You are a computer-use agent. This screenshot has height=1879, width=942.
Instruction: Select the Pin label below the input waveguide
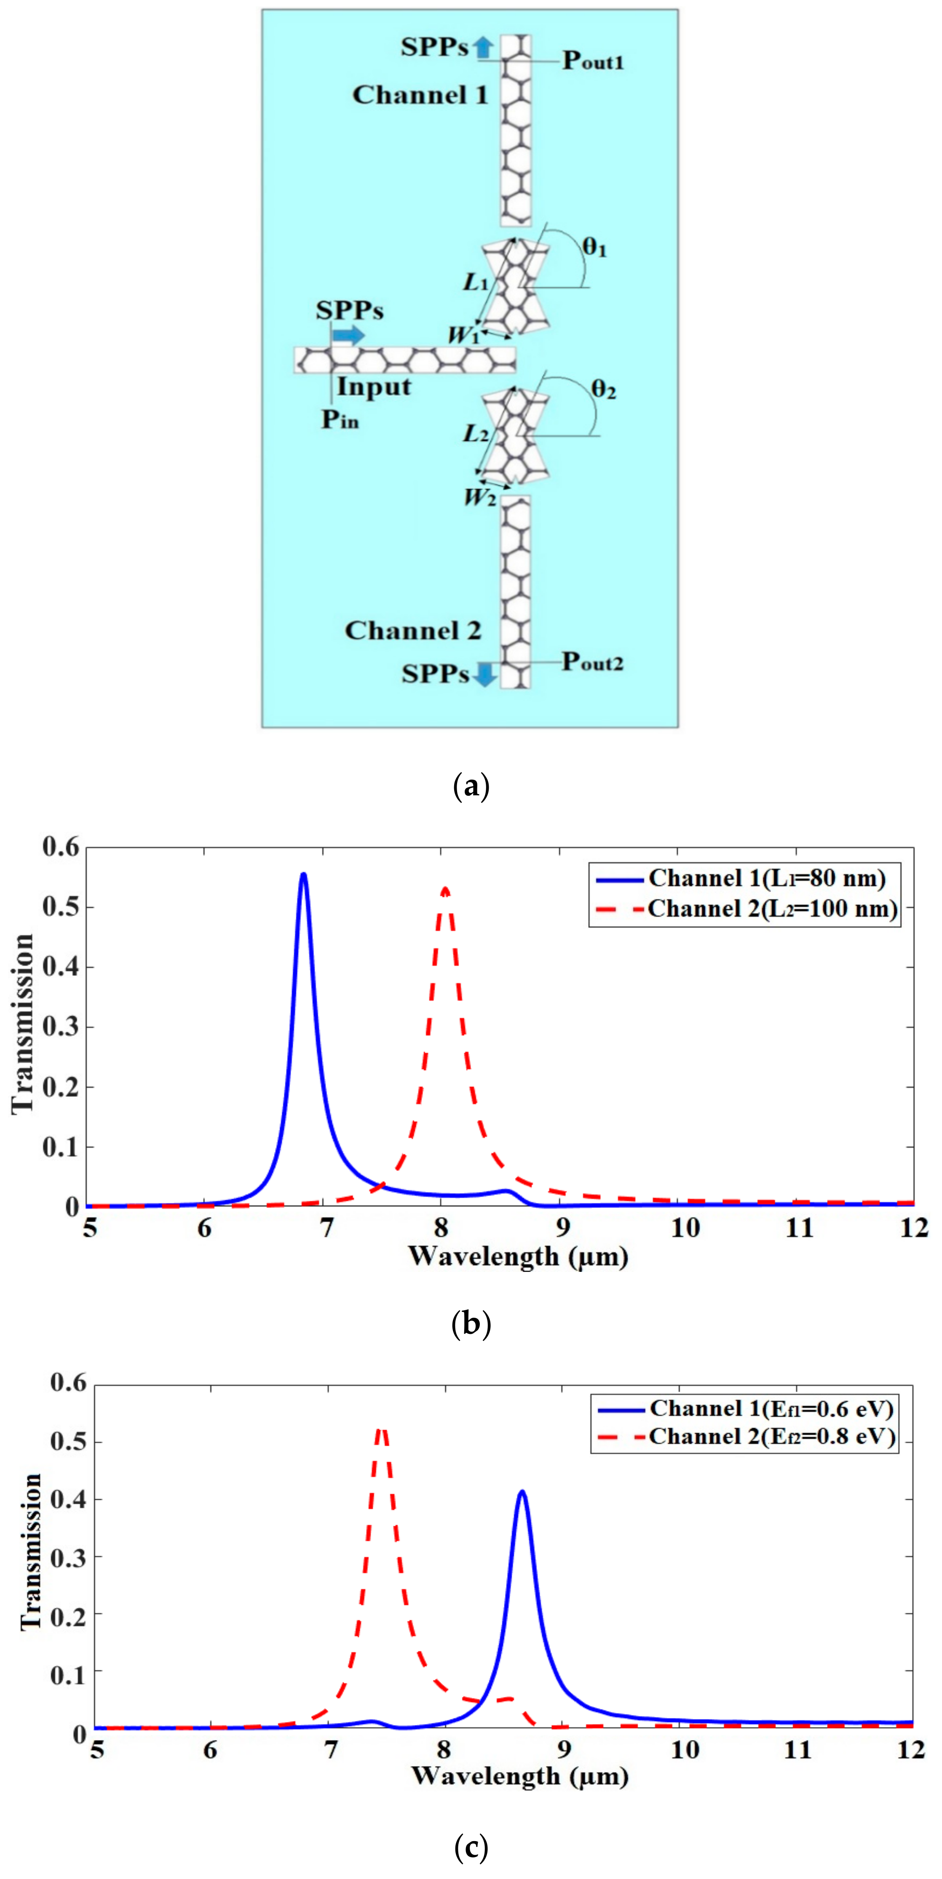[x=340, y=419]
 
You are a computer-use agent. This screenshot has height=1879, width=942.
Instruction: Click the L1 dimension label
[x=476, y=282]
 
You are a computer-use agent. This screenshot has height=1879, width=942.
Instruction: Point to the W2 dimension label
[x=479, y=498]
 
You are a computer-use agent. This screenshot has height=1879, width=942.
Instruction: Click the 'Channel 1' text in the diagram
[x=420, y=95]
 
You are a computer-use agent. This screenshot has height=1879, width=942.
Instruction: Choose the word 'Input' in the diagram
[x=374, y=386]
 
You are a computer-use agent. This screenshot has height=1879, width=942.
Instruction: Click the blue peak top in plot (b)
[x=304, y=874]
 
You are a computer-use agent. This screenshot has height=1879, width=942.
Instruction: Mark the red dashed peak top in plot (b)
[x=445, y=888]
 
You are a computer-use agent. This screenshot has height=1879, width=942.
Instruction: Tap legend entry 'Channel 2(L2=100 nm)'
[x=772, y=909]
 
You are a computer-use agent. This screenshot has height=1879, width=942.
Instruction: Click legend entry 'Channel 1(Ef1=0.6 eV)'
[x=772, y=1408]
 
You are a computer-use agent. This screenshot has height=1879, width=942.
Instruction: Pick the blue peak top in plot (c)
[x=522, y=1492]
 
